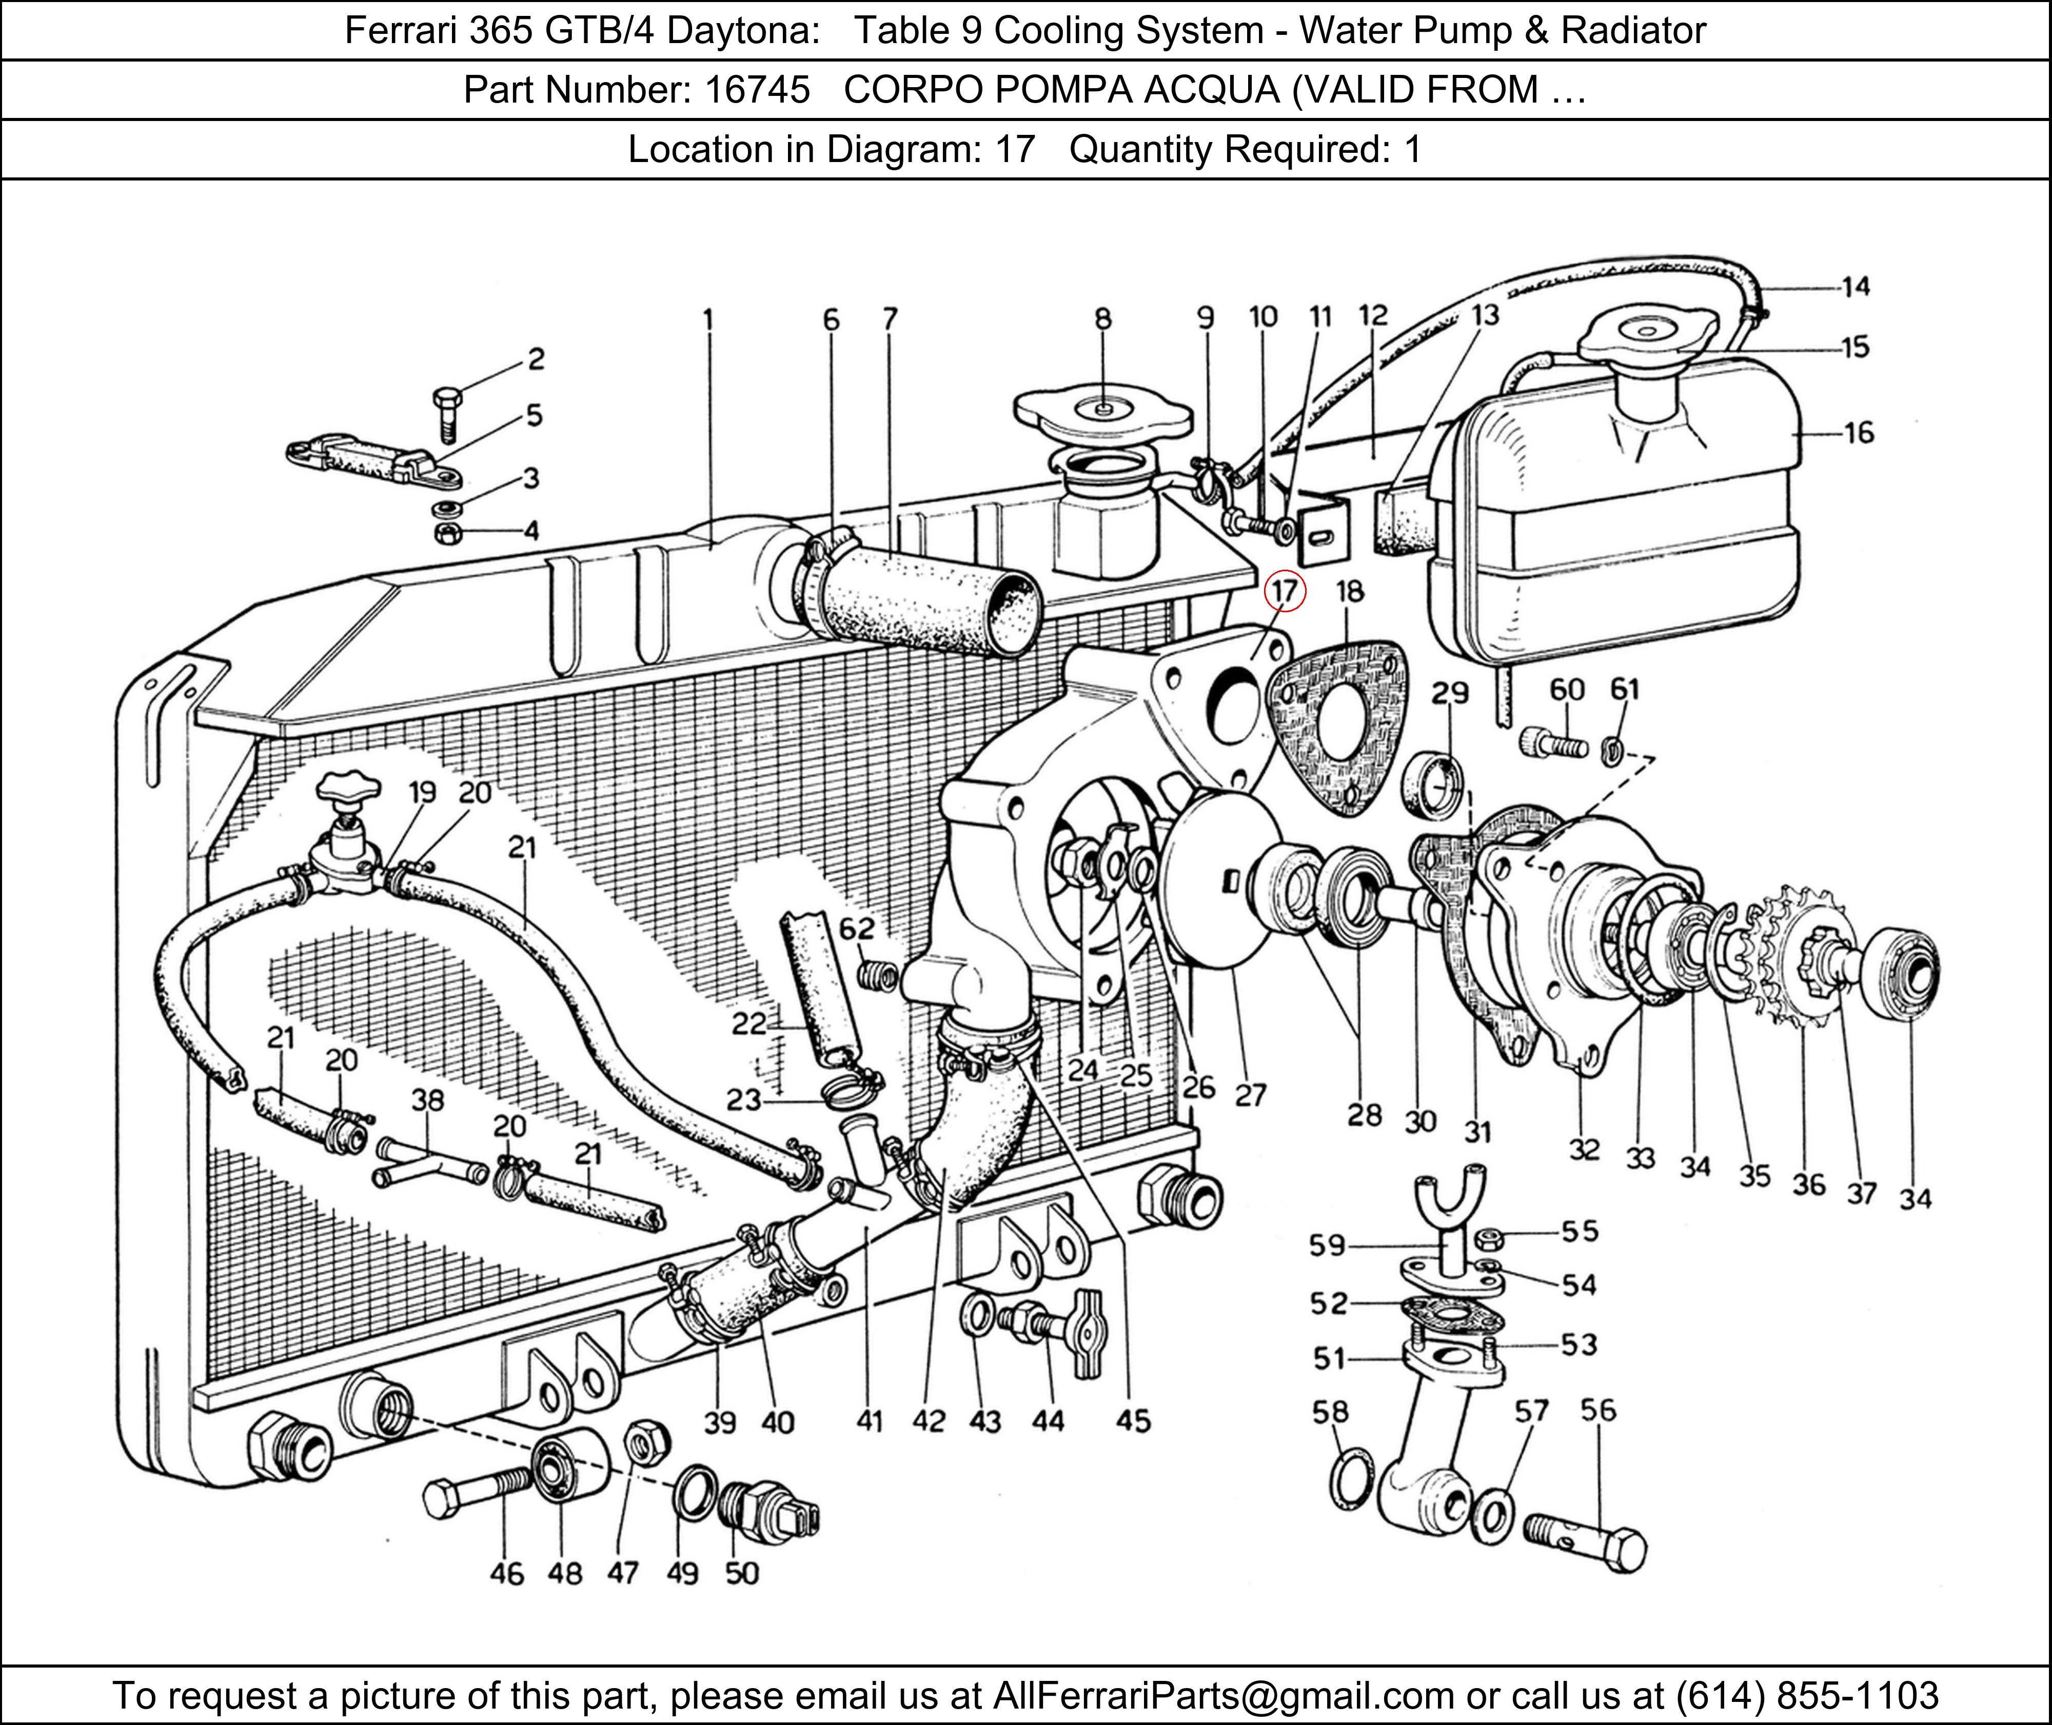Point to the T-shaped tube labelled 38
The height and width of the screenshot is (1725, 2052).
pyautogui.click(x=430, y=1161)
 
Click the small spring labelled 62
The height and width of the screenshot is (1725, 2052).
pyautogui.click(x=877, y=975)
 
